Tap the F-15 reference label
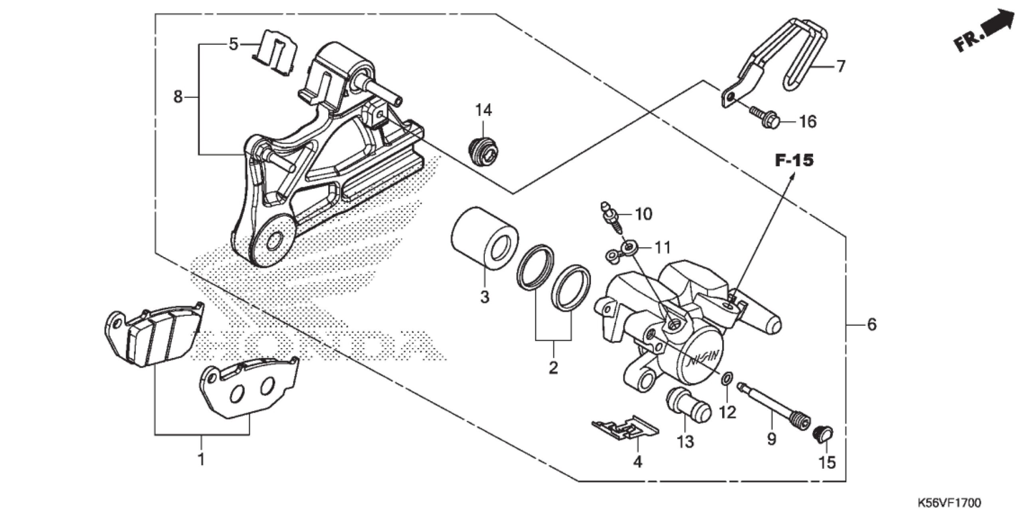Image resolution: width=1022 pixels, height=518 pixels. pyautogui.click(x=795, y=161)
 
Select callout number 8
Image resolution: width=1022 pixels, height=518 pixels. pyautogui.click(x=178, y=96)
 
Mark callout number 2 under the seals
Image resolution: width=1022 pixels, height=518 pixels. pyautogui.click(x=553, y=368)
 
